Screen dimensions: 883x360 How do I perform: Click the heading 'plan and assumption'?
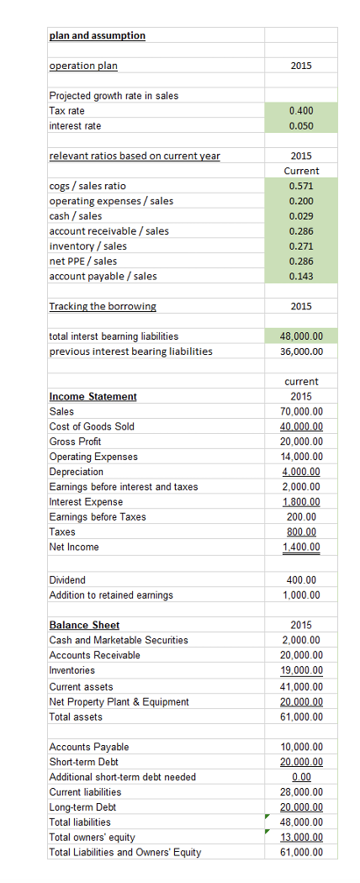click(97, 35)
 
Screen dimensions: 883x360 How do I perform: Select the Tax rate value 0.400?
click(301, 111)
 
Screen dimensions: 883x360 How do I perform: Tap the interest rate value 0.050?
click(301, 126)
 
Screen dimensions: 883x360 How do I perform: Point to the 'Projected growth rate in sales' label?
click(114, 96)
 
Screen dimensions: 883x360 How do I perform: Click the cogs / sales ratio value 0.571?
click(301, 186)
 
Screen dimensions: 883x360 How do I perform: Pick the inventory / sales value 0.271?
click(301, 246)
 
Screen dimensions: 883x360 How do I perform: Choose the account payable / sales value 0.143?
click(301, 277)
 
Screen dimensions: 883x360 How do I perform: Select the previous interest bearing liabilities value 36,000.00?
click(301, 352)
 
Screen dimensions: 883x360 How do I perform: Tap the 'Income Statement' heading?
click(93, 396)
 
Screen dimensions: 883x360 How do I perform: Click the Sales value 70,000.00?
click(301, 411)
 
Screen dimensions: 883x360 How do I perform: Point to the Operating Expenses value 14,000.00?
click(301, 457)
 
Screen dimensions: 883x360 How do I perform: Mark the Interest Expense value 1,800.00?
click(301, 502)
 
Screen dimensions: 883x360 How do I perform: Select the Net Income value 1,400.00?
click(301, 547)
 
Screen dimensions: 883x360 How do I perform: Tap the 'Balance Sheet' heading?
click(84, 625)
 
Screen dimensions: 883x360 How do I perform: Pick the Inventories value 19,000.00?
click(301, 670)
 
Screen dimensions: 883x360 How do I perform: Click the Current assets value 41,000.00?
click(301, 686)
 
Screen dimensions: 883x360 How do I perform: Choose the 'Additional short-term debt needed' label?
click(122, 777)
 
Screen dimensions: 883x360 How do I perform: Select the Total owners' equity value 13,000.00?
click(301, 838)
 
